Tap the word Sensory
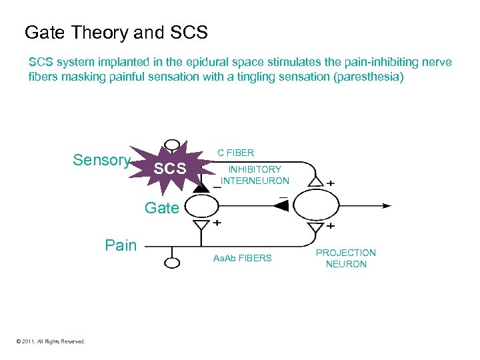[101, 160]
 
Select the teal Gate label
[162, 208]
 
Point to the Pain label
[121, 245]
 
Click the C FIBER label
[236, 153]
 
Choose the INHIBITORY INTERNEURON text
[255, 175]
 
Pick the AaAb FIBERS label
[242, 258]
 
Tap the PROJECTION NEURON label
[345, 259]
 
